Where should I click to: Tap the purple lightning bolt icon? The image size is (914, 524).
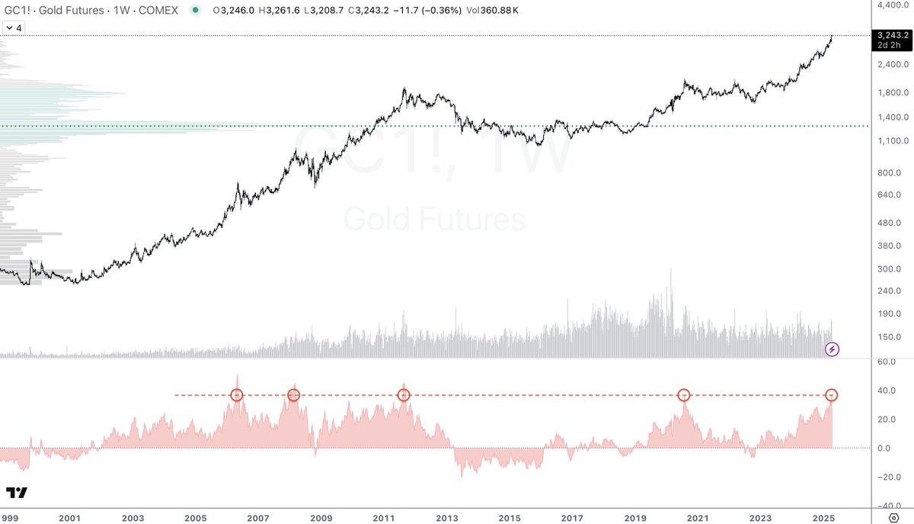(832, 349)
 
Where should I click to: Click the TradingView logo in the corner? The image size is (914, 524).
(17, 493)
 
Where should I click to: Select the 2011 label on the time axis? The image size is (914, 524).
(384, 518)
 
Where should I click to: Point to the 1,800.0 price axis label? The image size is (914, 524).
(893, 92)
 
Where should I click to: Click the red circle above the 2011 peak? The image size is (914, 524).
(404, 395)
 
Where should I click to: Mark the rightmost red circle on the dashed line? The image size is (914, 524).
(832, 395)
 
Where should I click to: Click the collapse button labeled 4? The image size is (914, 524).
(14, 28)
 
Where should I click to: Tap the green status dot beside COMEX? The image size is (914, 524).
(196, 10)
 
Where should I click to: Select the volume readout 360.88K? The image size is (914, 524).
(499, 10)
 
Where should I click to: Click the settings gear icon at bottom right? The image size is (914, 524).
(893, 518)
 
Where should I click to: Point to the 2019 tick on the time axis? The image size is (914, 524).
(635, 518)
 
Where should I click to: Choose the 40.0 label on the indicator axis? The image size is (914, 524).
(887, 391)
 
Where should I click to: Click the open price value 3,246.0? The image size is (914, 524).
(238, 10)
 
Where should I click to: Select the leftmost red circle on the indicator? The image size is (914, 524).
(237, 395)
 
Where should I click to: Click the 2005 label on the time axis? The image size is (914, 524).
(196, 518)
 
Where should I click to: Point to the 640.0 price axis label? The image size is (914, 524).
(890, 194)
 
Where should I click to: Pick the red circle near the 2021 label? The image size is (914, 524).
(684, 395)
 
